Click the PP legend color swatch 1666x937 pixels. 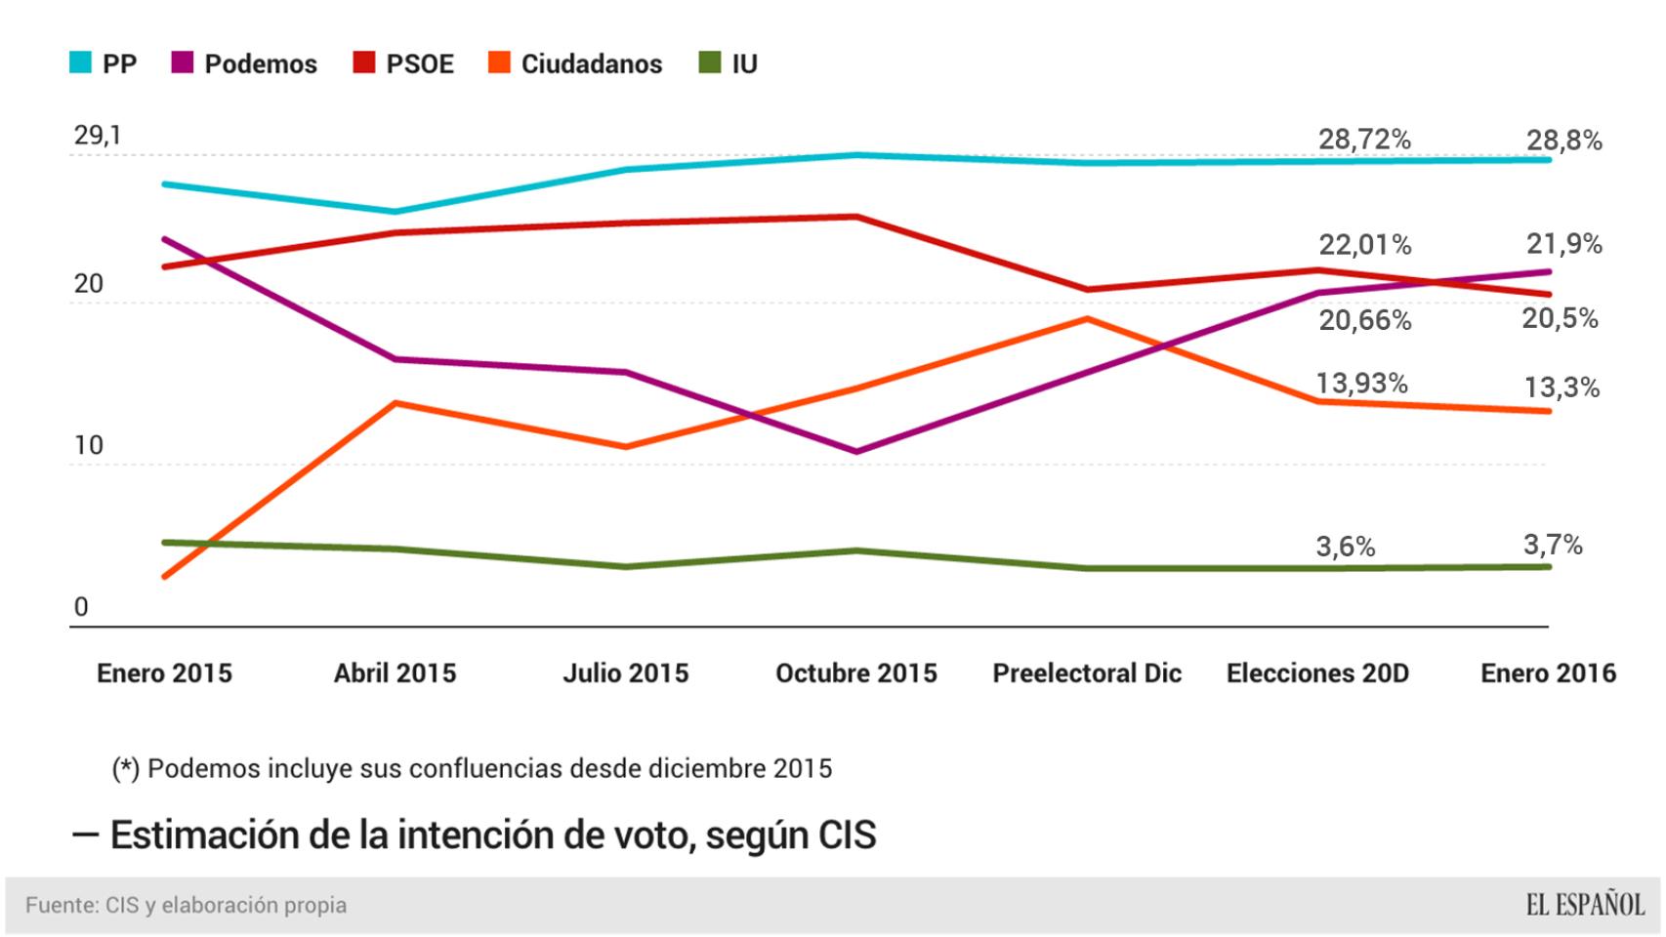(x=80, y=64)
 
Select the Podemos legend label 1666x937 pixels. (x=261, y=64)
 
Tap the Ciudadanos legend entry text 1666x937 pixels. (x=591, y=64)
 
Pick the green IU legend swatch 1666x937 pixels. (x=710, y=64)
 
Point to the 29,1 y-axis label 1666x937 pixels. (x=98, y=135)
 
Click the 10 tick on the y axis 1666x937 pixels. (x=88, y=446)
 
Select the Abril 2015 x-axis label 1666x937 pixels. (x=395, y=673)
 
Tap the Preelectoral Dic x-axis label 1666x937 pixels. (x=1087, y=673)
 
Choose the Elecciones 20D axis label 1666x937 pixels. (x=1317, y=673)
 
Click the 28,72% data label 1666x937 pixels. (x=1364, y=140)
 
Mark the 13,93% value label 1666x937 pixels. (x=1361, y=384)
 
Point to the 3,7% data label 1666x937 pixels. (x=1553, y=545)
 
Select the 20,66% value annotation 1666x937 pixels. (x=1364, y=320)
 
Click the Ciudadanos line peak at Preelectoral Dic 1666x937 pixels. (x=1087, y=319)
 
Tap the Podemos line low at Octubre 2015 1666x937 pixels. (x=856, y=452)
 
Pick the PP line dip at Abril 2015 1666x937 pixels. (x=395, y=212)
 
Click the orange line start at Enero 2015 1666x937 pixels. (x=164, y=577)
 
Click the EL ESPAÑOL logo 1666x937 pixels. (x=1585, y=906)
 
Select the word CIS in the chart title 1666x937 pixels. (x=847, y=835)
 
